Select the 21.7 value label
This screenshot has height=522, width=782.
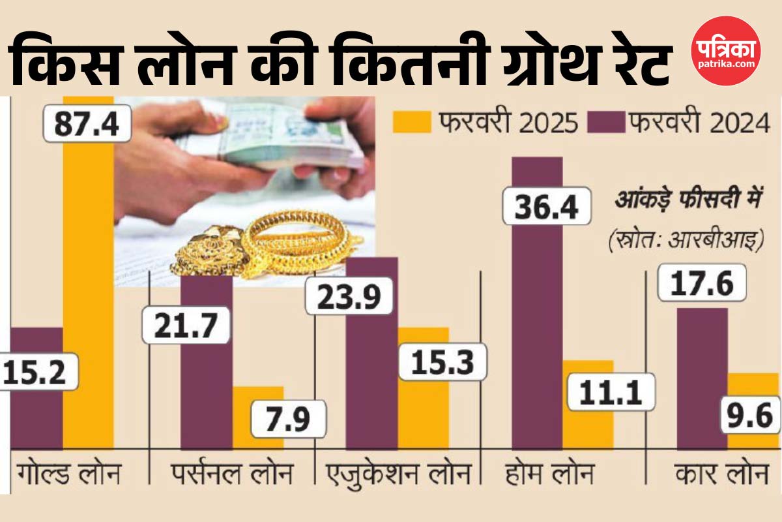coord(186,324)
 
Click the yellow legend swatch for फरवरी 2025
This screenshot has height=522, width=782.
coord(412,123)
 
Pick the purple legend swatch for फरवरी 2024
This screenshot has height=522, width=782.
coord(605,123)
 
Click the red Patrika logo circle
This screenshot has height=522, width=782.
coord(725,51)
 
